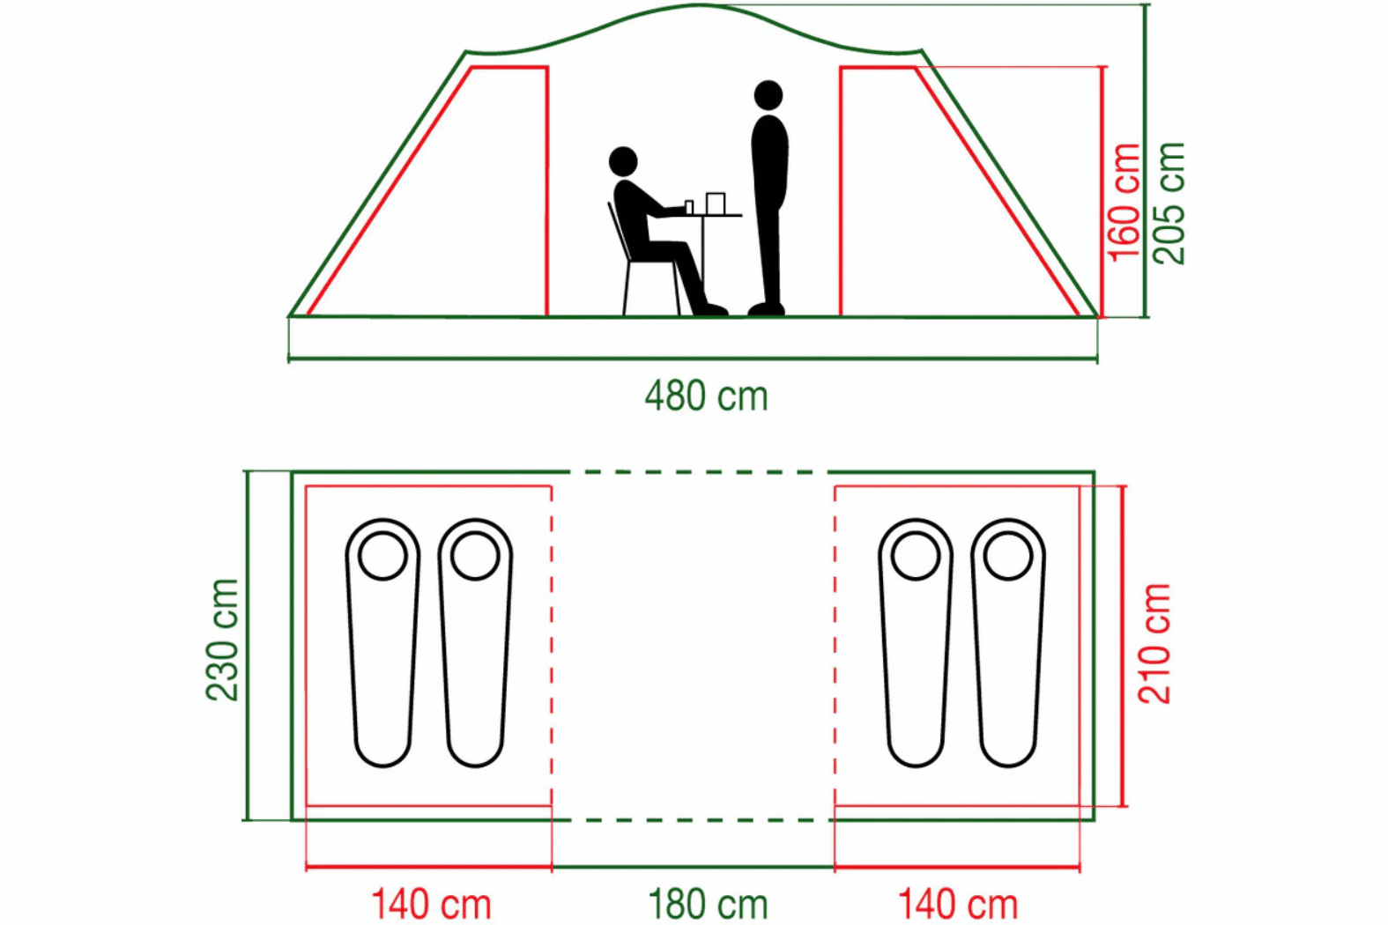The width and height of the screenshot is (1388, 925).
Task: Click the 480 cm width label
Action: (x=706, y=396)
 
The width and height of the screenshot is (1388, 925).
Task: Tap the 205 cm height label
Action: (x=1169, y=203)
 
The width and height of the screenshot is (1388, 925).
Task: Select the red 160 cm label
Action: (x=1124, y=203)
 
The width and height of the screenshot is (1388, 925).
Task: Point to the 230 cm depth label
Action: (x=222, y=640)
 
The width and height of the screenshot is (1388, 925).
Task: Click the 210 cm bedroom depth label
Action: (x=1154, y=644)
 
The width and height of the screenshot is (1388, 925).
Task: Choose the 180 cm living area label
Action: (x=708, y=905)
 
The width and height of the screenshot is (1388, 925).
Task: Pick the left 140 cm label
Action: (x=431, y=905)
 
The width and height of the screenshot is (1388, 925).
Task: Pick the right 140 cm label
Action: (x=958, y=905)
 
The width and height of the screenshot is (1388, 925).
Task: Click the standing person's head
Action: (x=768, y=95)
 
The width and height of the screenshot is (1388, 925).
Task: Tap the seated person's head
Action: (x=623, y=162)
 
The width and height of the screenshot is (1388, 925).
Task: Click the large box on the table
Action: (x=716, y=203)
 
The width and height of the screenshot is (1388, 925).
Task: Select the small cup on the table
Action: (x=689, y=208)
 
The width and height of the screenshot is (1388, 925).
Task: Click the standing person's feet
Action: (x=767, y=309)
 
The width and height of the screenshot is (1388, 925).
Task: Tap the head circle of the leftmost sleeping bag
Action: (x=382, y=556)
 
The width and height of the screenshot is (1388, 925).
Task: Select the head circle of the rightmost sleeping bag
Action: (x=1008, y=556)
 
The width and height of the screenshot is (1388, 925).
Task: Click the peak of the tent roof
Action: (x=699, y=5)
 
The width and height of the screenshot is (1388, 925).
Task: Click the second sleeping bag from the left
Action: (x=475, y=642)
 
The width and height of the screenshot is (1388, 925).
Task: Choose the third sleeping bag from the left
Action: (x=916, y=642)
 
